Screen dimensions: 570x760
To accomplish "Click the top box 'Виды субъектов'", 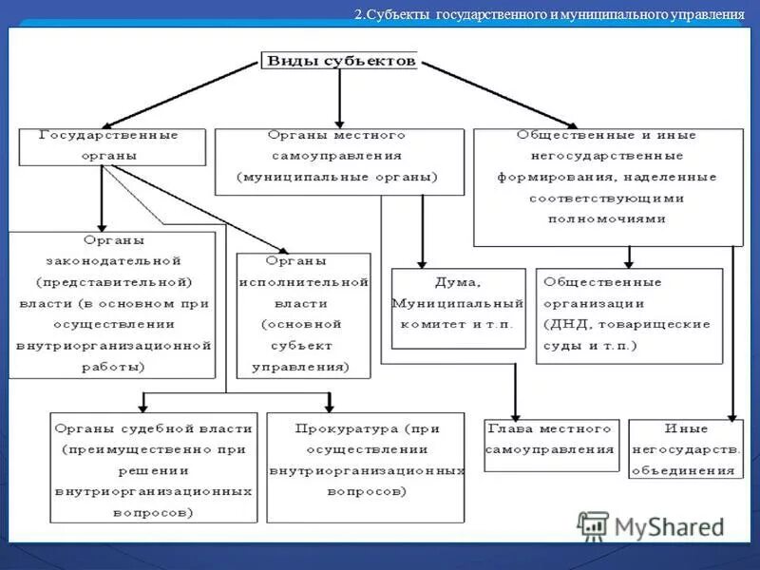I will (x=340, y=61).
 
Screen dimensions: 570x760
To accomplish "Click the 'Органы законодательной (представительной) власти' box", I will (x=112, y=304).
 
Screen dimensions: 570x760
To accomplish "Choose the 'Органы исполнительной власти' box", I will (x=302, y=313).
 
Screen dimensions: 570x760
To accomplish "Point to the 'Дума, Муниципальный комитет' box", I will (x=458, y=308).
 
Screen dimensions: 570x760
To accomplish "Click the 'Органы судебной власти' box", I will (x=153, y=466).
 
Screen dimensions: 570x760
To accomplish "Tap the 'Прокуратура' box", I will (x=366, y=466).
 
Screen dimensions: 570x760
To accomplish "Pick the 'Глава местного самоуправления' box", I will (x=551, y=445).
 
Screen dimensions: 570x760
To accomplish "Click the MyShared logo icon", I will (x=594, y=525).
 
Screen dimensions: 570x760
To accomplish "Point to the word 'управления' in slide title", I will (x=705, y=15).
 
